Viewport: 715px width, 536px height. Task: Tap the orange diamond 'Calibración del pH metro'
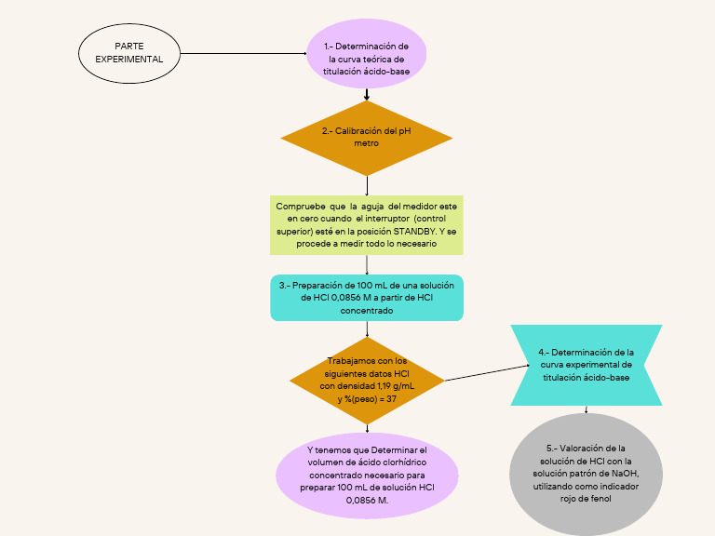point(366,138)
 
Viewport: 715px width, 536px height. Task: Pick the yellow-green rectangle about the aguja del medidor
point(366,224)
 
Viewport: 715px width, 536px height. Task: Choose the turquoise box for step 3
point(366,298)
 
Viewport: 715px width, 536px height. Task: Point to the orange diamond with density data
point(366,380)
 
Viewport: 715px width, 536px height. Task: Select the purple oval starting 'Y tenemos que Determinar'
point(366,476)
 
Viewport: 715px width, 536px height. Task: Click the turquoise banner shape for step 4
point(586,365)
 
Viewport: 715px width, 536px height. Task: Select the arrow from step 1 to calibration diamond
point(367,94)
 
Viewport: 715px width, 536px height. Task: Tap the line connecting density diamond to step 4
point(478,373)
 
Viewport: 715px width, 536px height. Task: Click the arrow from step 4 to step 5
point(586,409)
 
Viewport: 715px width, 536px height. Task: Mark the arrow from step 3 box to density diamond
point(367,329)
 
